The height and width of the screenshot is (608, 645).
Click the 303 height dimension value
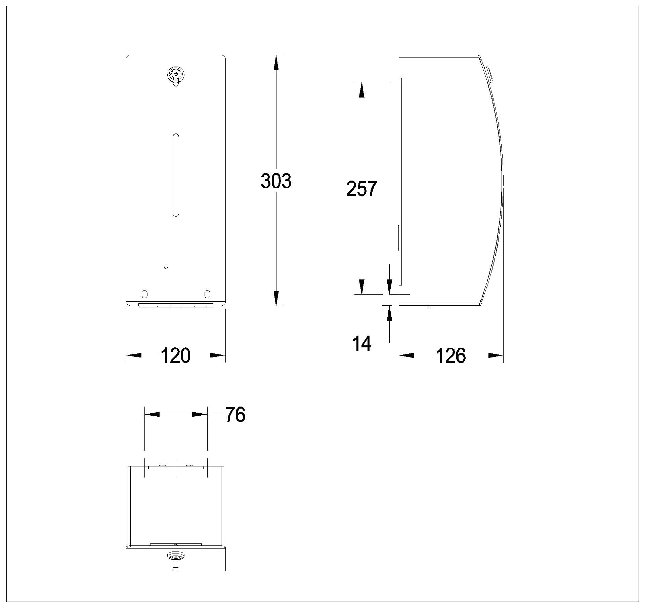[x=276, y=181]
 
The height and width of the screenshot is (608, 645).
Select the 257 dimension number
[x=361, y=189]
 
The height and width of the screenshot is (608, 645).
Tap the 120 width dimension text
[x=176, y=356]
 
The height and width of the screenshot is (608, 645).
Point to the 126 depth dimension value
[x=451, y=356]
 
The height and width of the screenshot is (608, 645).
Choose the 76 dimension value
[x=235, y=415]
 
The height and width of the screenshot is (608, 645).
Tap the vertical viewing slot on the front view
[x=175, y=175]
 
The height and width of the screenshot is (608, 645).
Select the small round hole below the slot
[x=166, y=267]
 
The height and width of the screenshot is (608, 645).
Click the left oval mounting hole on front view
[x=144, y=294]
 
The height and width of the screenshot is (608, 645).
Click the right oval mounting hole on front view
[x=207, y=294]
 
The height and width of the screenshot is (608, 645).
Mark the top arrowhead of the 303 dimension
[x=276, y=62]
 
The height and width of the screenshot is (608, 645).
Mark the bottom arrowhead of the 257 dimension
[x=361, y=287]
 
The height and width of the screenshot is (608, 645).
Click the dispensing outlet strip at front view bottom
[x=176, y=305]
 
